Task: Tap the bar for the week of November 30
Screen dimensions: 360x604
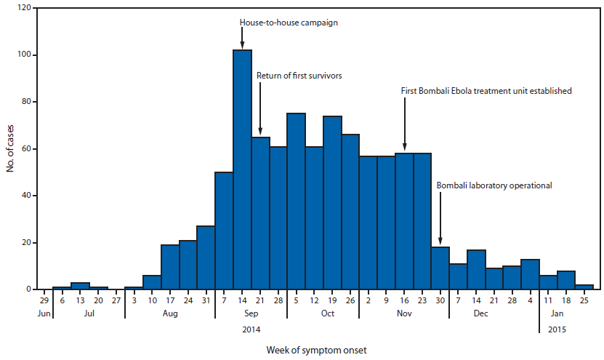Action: click(440, 268)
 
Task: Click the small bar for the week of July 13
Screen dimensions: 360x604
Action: click(80, 286)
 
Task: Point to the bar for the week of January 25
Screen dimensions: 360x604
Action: click(584, 287)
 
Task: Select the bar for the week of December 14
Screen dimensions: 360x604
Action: click(476, 270)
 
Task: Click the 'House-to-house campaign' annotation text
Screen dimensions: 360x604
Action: click(289, 23)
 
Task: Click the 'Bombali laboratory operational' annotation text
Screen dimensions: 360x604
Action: click(494, 185)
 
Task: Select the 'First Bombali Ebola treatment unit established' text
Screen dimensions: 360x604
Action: click(486, 91)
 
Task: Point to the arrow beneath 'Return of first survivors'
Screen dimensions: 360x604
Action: click(260, 109)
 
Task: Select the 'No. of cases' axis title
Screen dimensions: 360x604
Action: click(10, 150)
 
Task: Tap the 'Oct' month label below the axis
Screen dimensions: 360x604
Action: click(327, 314)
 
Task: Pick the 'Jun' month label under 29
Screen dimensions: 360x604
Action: click(43, 314)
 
